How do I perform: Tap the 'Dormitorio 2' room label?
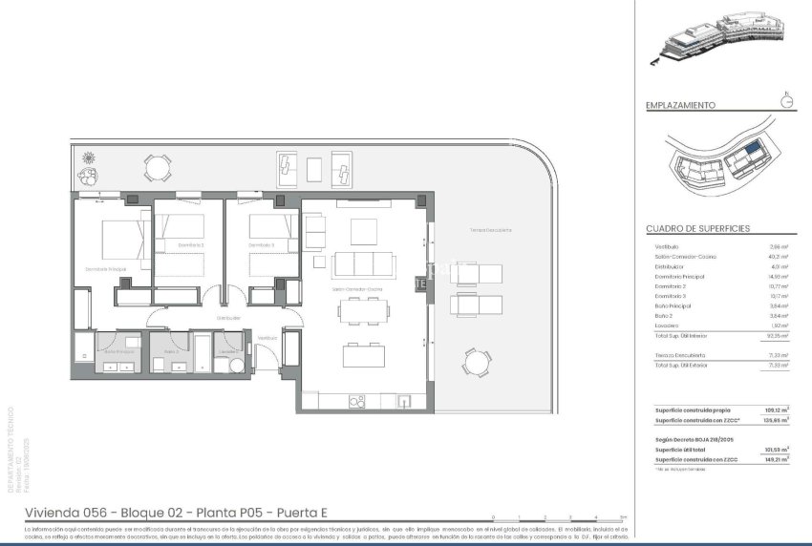192,245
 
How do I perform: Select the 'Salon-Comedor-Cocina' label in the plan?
357,288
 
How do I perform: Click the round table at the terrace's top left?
157,168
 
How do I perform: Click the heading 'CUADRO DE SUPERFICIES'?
697,229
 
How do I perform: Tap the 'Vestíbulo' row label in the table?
669,245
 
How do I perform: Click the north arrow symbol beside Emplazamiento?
787,101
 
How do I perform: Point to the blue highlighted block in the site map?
754,149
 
